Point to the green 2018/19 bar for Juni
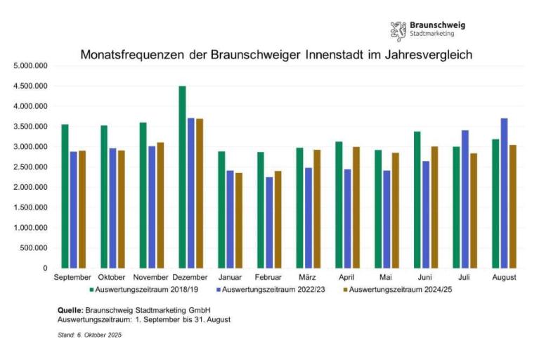417,200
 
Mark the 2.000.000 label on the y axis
30,187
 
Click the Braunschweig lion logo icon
398,30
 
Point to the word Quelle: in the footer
70,310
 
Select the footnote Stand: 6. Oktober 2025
90,335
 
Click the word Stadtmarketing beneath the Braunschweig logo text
432,34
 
